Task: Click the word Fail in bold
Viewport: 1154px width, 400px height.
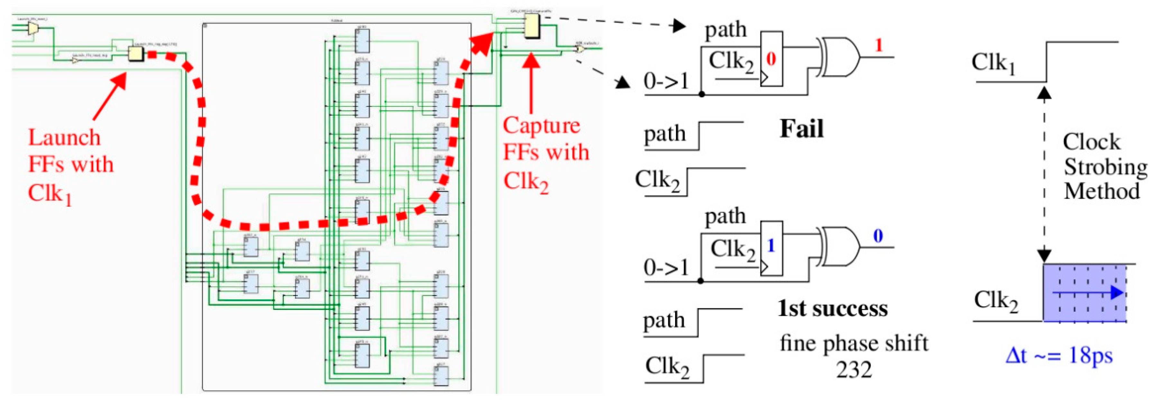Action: tap(801, 129)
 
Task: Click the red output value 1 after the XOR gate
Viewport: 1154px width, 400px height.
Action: tap(878, 45)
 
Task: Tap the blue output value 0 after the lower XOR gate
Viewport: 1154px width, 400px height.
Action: tap(878, 236)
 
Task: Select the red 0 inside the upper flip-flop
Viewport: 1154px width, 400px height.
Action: tap(771, 59)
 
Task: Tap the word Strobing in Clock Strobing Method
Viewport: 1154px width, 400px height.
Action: tap(1105, 167)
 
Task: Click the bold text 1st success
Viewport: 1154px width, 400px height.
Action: tap(832, 309)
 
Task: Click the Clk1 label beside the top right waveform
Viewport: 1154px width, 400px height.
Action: tap(993, 63)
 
